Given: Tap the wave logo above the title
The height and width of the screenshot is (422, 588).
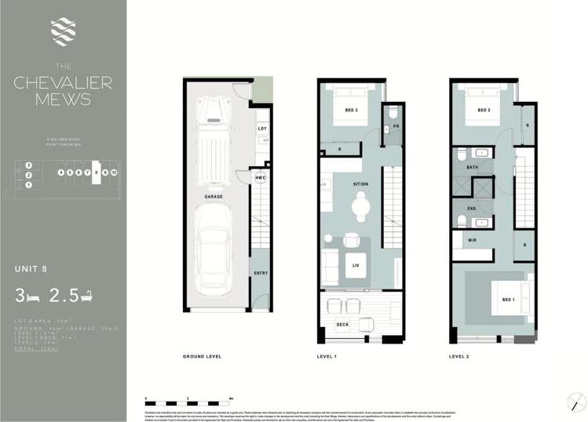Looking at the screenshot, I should (x=62, y=31).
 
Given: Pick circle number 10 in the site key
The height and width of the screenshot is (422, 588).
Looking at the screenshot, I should (x=114, y=170).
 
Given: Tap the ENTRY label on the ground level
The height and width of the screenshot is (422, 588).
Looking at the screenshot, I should (x=261, y=273).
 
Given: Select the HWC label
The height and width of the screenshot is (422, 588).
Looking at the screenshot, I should (x=261, y=178).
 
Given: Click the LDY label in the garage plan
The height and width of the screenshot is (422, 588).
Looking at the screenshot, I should (x=261, y=129).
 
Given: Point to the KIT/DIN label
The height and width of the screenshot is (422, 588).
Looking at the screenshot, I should (x=361, y=184).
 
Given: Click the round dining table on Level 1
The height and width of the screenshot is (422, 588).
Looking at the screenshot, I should (x=360, y=206).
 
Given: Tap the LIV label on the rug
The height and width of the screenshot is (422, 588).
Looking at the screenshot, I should (x=356, y=266).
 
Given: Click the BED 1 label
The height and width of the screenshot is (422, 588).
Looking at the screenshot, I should (x=487, y=300).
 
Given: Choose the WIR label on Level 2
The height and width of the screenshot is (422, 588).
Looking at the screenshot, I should (x=473, y=240).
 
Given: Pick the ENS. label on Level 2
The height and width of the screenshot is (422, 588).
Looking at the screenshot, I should (x=473, y=207).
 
